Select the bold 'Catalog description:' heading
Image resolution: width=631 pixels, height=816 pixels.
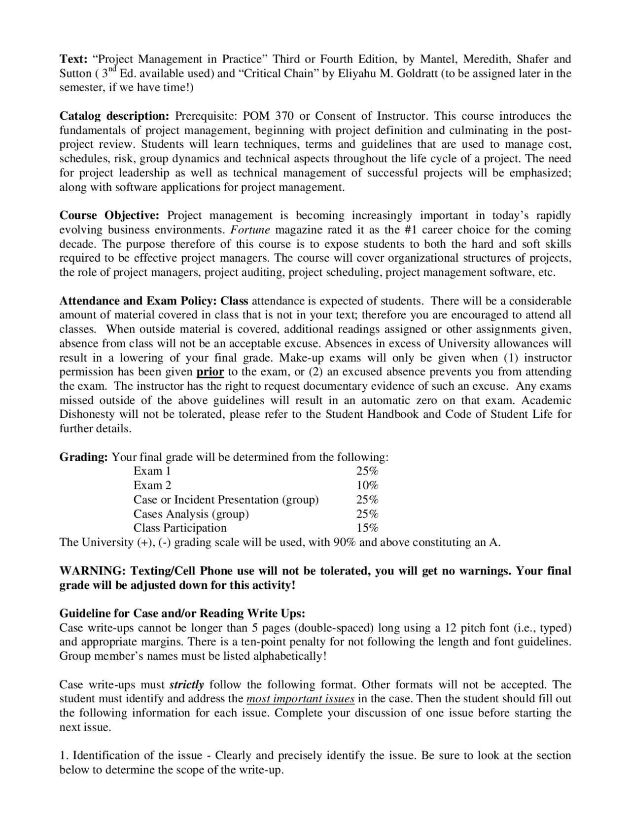pos(114,116)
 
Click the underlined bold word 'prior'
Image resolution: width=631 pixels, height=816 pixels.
pos(210,372)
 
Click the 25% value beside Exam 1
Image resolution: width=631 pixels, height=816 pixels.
pos(367,472)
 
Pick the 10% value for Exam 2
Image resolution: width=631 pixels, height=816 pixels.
pos(367,485)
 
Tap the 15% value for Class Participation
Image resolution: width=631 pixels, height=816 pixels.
pos(367,528)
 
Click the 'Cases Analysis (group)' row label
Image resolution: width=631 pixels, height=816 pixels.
pos(191,514)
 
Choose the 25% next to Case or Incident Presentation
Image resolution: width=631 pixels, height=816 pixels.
pos(367,500)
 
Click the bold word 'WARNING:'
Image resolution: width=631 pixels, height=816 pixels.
pos(92,571)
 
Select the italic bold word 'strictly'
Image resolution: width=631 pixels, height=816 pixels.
pos(186,685)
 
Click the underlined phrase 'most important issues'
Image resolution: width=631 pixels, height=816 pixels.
pos(300,699)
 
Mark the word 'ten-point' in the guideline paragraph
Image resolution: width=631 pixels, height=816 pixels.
pos(284,642)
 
